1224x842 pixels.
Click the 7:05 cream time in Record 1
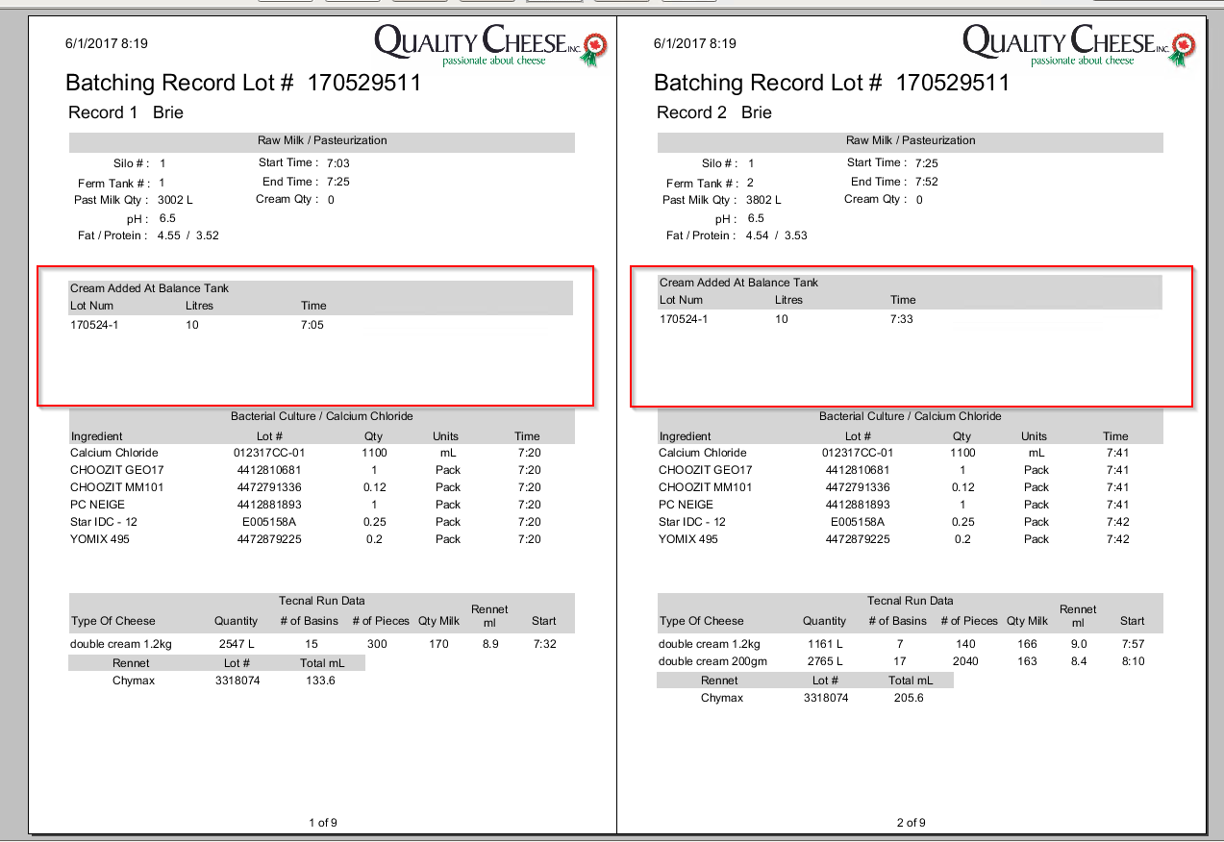(x=313, y=325)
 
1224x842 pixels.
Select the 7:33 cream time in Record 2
(x=902, y=319)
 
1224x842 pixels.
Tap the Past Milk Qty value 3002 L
(x=176, y=200)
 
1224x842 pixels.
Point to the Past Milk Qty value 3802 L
(x=764, y=200)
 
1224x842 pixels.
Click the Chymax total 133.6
(x=319, y=681)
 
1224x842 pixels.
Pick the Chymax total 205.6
(x=908, y=698)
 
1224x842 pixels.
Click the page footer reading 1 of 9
(x=322, y=823)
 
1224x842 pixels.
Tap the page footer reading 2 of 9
(x=911, y=823)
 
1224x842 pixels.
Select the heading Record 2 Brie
(x=714, y=112)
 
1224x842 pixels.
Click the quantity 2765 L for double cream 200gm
(x=825, y=661)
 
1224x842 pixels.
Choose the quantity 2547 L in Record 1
(x=237, y=644)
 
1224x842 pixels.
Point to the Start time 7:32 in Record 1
(x=544, y=644)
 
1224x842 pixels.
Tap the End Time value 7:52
(x=927, y=182)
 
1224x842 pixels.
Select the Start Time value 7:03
(x=338, y=163)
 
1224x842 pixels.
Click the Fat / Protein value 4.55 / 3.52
(x=188, y=235)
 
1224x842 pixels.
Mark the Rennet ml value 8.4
(x=1078, y=661)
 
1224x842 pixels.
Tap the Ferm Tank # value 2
(x=750, y=183)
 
